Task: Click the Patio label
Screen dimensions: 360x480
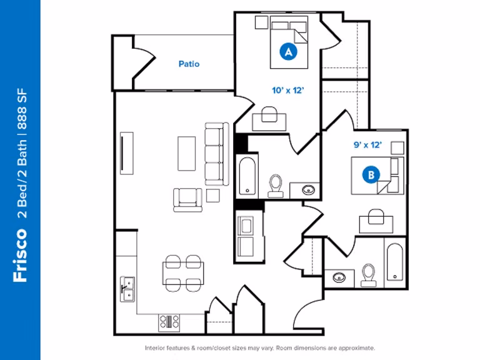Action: [189, 64]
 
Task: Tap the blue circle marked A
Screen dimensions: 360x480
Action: [288, 52]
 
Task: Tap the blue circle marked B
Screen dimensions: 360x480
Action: [371, 175]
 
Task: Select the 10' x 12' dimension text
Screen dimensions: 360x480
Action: [287, 90]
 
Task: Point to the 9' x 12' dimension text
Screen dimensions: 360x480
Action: [367, 145]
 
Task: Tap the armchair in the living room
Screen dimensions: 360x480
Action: [188, 199]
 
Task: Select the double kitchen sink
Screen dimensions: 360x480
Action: [127, 289]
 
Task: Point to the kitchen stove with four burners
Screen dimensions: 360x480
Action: [169, 322]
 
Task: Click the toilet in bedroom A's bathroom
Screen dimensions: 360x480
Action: [275, 186]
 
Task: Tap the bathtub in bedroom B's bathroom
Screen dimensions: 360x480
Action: [394, 262]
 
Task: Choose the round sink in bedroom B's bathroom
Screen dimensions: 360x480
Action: [339, 276]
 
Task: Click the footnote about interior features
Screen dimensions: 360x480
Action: [259, 347]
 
